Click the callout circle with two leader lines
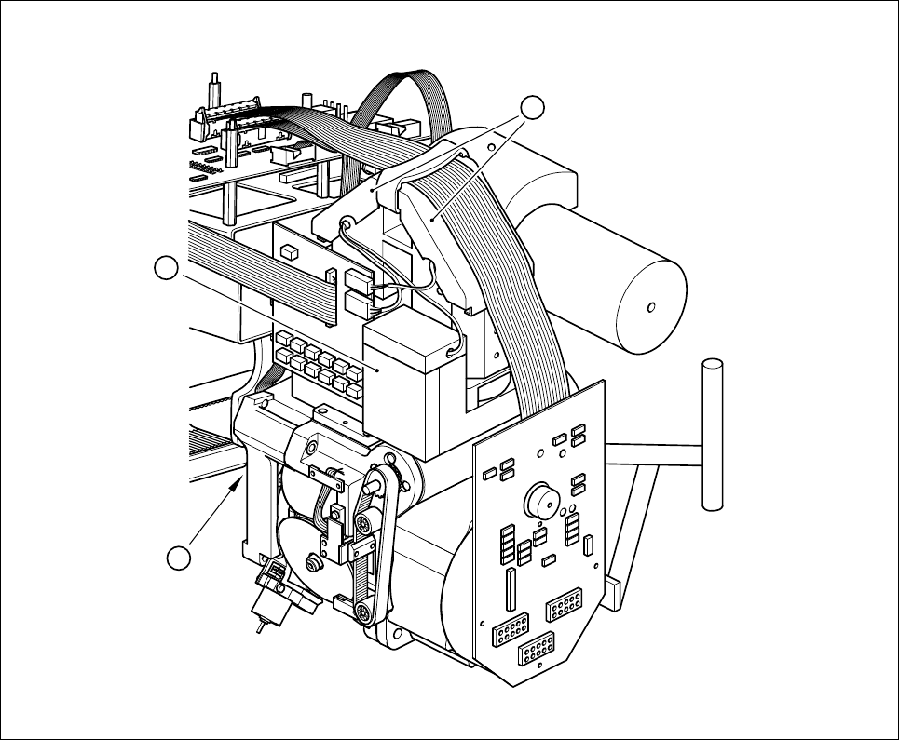(532, 107)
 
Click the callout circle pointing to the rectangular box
(166, 269)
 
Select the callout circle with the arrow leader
(180, 558)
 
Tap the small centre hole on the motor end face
(650, 305)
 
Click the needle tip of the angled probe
(259, 628)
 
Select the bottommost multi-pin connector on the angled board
(536, 649)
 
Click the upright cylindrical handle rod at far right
(712, 433)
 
